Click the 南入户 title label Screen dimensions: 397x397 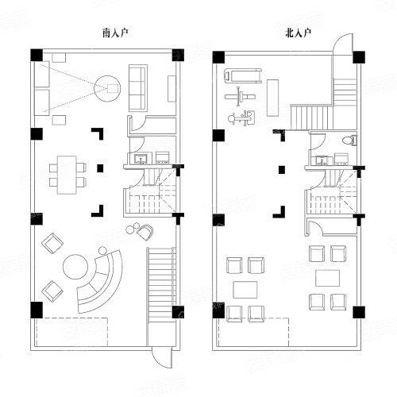[x=115, y=33]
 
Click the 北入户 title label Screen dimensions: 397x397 [x=298, y=33]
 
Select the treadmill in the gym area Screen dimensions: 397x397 [x=243, y=75]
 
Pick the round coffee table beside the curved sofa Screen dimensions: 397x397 [x=75, y=267]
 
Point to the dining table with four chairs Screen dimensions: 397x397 [x=67, y=175]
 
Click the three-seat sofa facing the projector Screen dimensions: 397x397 [x=138, y=87]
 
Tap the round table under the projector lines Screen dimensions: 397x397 [x=107, y=88]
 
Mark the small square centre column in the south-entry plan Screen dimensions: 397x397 [x=100, y=168]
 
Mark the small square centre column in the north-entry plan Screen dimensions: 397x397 [x=282, y=170]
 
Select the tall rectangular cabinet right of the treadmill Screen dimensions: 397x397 [x=272, y=98]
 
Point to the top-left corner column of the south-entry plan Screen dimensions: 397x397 [x=37, y=55]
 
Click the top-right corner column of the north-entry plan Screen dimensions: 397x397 [x=359, y=57]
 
